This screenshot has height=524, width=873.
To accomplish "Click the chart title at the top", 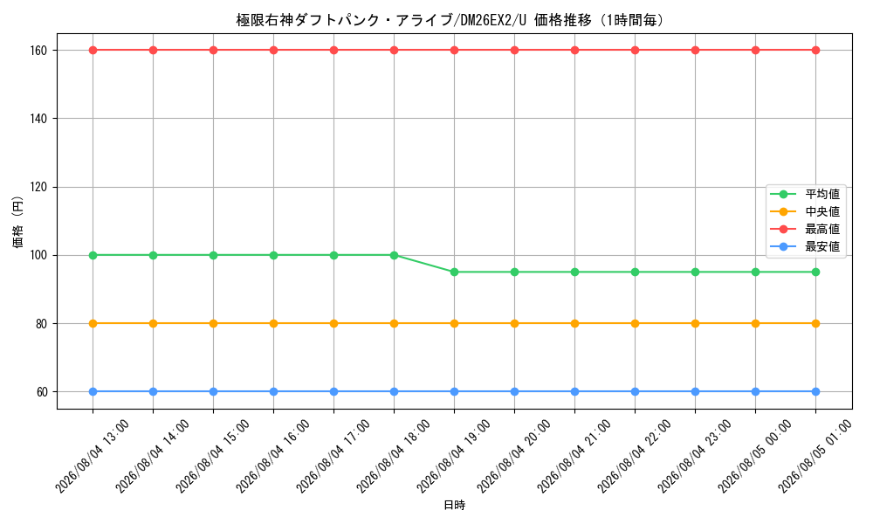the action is [x=450, y=20].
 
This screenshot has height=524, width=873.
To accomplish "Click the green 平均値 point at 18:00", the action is [x=395, y=256].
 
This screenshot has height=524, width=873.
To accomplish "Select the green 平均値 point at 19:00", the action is [x=454, y=272].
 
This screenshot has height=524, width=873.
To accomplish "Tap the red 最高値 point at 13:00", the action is [x=93, y=50].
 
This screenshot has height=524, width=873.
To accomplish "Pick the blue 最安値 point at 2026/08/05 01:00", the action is [x=815, y=392].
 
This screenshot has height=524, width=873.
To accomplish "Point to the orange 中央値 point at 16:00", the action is [x=273, y=323].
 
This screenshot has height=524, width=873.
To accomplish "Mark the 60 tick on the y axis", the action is [x=42, y=392].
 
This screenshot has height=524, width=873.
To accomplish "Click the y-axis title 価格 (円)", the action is [x=17, y=222].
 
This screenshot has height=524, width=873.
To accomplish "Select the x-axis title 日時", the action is [x=454, y=505].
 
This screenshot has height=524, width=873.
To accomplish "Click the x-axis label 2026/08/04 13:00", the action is [x=93, y=456].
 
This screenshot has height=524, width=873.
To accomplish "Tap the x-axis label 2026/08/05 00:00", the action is [x=755, y=456].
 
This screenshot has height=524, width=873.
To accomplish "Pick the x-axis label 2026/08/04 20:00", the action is [x=514, y=456].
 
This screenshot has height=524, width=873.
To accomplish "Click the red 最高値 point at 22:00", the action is [x=635, y=50].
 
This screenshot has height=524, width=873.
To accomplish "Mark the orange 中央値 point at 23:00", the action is [x=695, y=323].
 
